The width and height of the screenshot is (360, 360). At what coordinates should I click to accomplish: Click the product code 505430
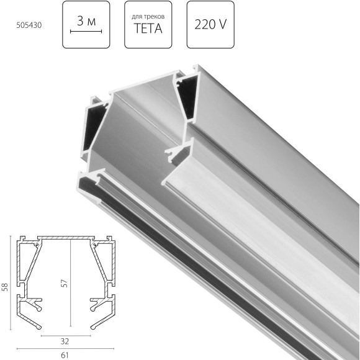pyautogui.click(x=29, y=25)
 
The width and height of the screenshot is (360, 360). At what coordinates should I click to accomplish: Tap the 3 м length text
pyautogui.click(x=86, y=21)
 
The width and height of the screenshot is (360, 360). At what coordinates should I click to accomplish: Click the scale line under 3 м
pyautogui.click(x=86, y=31)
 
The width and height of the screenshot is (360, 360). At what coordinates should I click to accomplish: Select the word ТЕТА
pyautogui.click(x=148, y=29)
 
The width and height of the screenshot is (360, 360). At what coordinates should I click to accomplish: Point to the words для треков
pyautogui.click(x=148, y=17)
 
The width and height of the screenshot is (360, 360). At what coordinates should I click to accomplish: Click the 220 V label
pyautogui.click(x=210, y=24)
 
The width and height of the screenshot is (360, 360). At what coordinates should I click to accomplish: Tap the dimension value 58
pyautogui.click(x=5, y=287)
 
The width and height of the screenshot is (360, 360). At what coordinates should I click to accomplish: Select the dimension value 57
pyautogui.click(x=65, y=283)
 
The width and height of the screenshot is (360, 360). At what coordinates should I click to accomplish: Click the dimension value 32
pyautogui.click(x=65, y=341)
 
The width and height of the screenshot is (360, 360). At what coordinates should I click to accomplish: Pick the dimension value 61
pyautogui.click(x=65, y=355)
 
